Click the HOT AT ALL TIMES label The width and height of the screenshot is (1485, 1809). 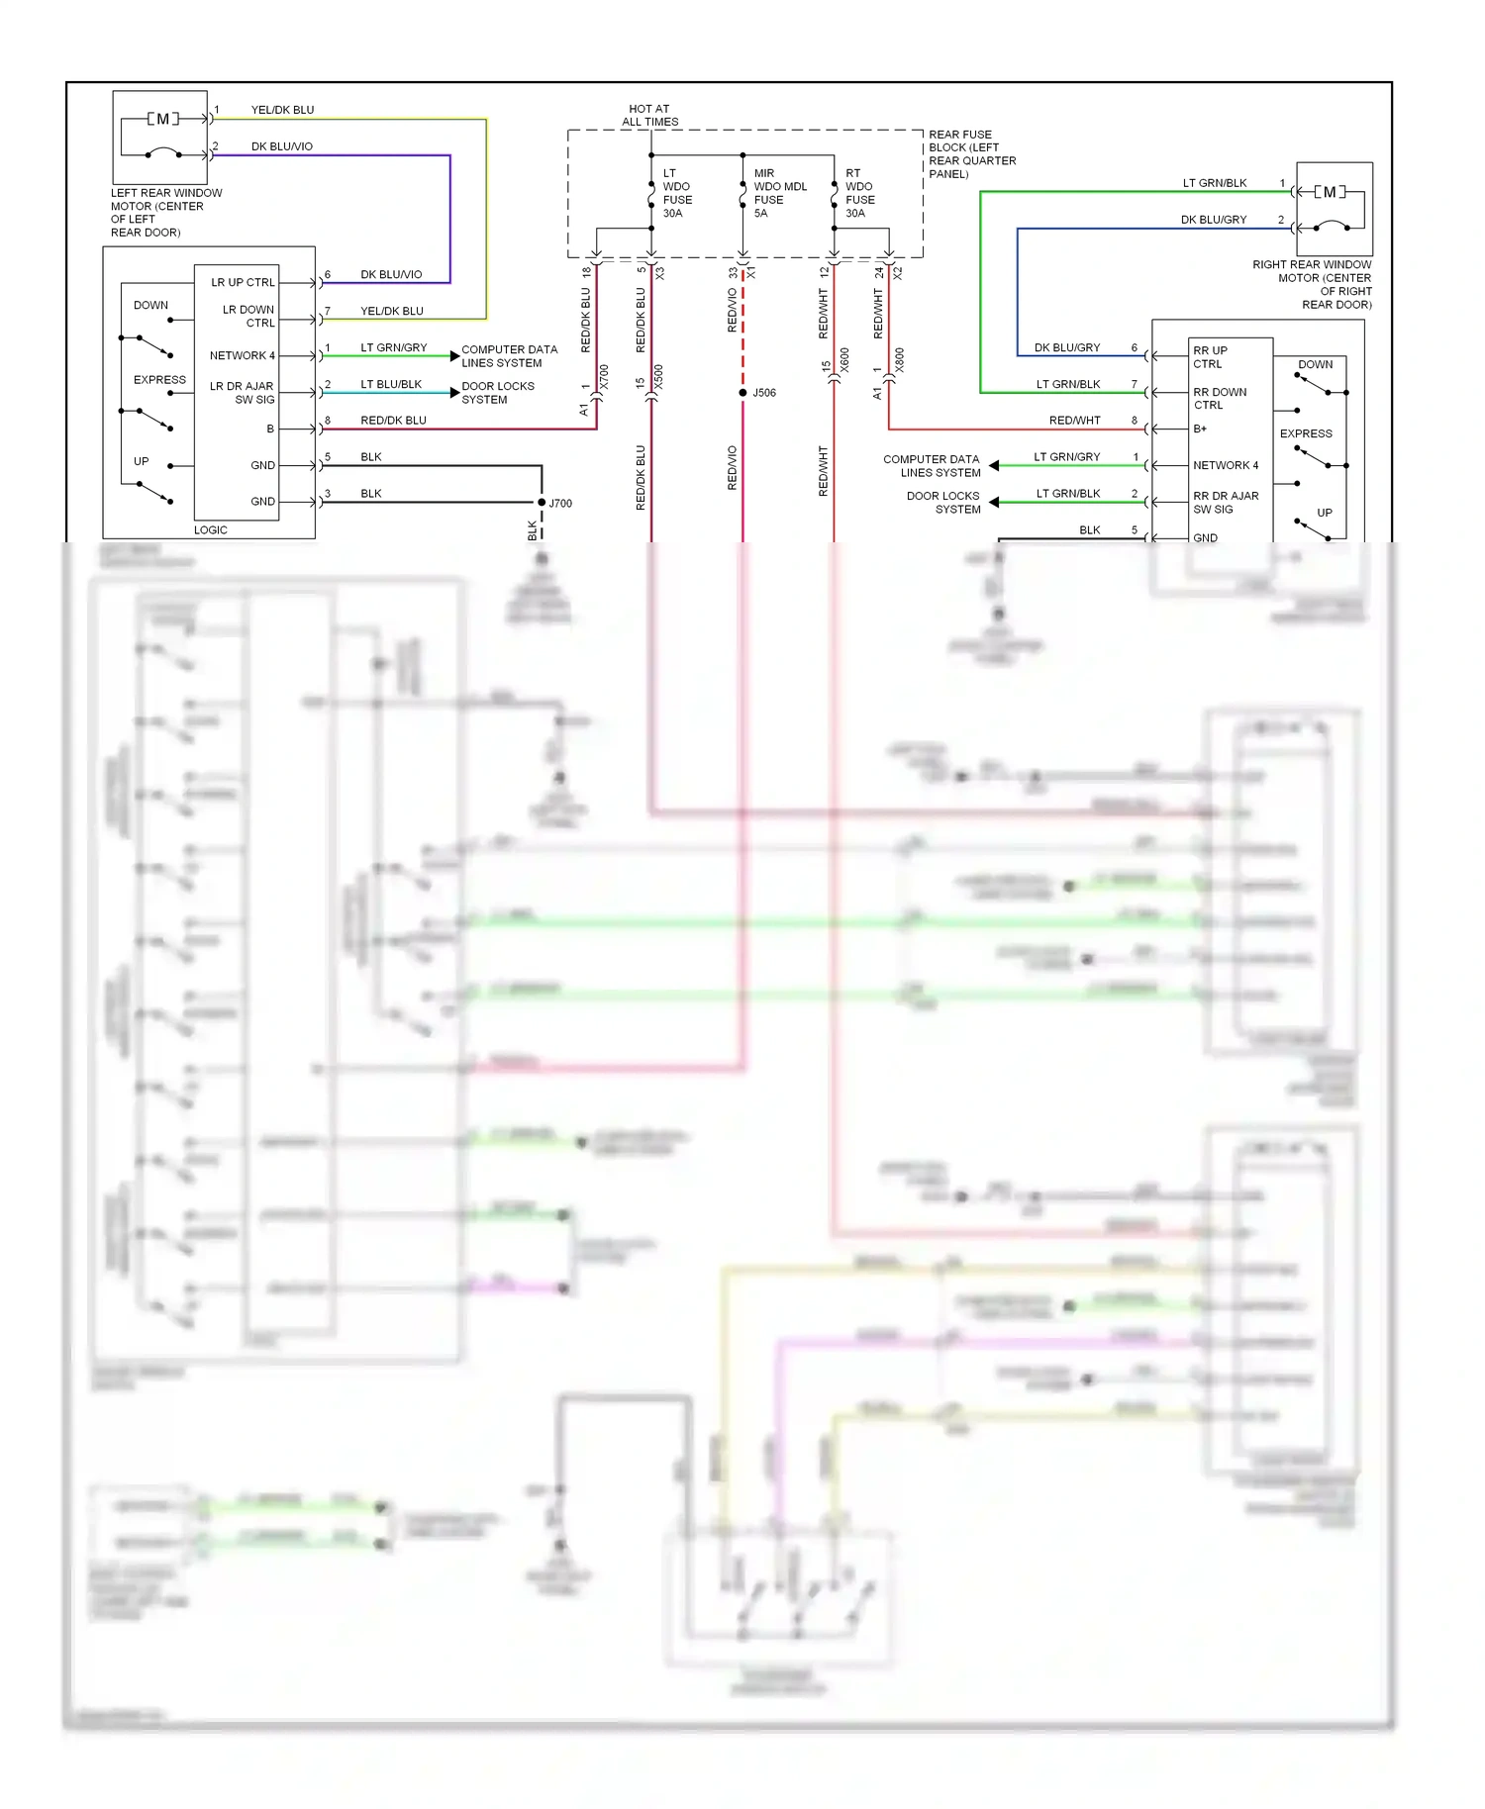(649, 116)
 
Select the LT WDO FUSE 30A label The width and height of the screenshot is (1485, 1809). (677, 193)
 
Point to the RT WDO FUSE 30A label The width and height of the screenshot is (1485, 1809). (859, 193)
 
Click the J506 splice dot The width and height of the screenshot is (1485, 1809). (742, 393)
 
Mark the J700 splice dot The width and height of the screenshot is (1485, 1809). (542, 503)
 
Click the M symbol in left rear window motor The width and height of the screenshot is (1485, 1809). (163, 119)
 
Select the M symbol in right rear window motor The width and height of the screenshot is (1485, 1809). (1330, 192)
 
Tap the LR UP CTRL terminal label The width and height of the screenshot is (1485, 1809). (243, 283)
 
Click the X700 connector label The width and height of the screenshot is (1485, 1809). (604, 377)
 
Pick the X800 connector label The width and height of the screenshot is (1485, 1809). (899, 360)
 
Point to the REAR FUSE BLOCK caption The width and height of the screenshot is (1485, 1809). (971, 154)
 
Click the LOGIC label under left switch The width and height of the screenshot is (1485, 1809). (211, 530)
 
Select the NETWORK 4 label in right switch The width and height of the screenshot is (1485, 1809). (1226, 465)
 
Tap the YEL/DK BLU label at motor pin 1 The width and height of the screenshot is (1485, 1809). (282, 110)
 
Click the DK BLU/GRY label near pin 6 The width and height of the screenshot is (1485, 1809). (1066, 348)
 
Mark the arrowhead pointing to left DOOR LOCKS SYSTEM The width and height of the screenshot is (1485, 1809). (454, 393)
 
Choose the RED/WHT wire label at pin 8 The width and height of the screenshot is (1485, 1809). (1074, 421)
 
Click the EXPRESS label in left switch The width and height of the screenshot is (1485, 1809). (159, 380)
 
